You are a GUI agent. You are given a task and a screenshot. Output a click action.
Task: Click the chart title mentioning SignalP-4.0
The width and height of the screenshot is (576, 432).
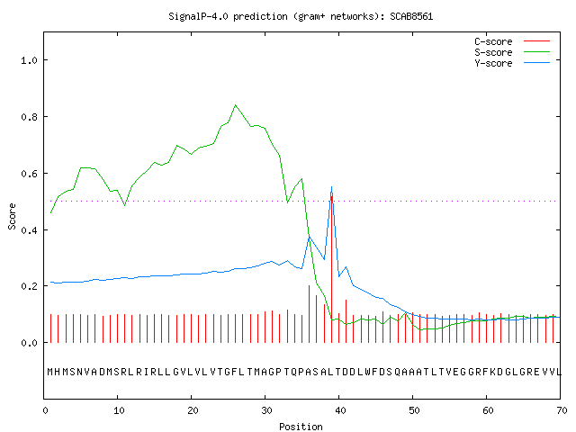pos(301,16)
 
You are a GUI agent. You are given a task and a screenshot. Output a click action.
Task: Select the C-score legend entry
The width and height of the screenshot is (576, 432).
pos(512,41)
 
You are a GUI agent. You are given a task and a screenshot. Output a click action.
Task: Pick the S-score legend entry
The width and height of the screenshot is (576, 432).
pos(512,52)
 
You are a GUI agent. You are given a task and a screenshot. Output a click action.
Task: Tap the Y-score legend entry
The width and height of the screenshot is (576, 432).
pos(512,63)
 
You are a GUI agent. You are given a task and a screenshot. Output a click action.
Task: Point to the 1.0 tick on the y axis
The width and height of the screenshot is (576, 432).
pos(29,60)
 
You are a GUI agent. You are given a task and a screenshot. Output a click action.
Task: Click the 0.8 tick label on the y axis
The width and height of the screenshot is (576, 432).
pos(29,117)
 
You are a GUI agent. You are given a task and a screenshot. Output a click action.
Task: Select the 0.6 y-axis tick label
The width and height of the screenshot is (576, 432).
pos(29,174)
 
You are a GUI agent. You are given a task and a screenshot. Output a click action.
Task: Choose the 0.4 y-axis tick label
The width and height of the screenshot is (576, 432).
pos(29,230)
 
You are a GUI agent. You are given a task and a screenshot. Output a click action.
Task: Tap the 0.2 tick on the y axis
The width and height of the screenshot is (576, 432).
pos(29,286)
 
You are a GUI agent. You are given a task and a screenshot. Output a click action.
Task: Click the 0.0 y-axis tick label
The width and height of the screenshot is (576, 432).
pos(29,343)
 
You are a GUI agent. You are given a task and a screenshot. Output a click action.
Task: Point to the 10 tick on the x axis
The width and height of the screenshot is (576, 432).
pos(119,410)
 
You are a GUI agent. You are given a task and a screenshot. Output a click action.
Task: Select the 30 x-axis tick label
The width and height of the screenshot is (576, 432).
pos(266,410)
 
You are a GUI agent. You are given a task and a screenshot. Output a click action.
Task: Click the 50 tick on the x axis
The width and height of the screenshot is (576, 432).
pos(414,410)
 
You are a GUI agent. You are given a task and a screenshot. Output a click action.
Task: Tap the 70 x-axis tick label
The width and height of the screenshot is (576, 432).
pos(562,410)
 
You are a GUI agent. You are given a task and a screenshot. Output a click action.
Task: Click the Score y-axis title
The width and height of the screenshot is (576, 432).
pos(12,216)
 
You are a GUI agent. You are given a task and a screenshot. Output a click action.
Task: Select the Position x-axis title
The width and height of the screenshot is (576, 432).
pos(301,427)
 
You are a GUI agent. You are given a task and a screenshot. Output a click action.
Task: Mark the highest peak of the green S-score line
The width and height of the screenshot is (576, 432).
pos(236,105)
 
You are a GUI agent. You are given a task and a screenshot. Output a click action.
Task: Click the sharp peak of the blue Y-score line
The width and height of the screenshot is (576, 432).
pos(332,187)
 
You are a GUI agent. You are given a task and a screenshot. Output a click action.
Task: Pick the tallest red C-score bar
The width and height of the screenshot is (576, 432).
pos(332,269)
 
